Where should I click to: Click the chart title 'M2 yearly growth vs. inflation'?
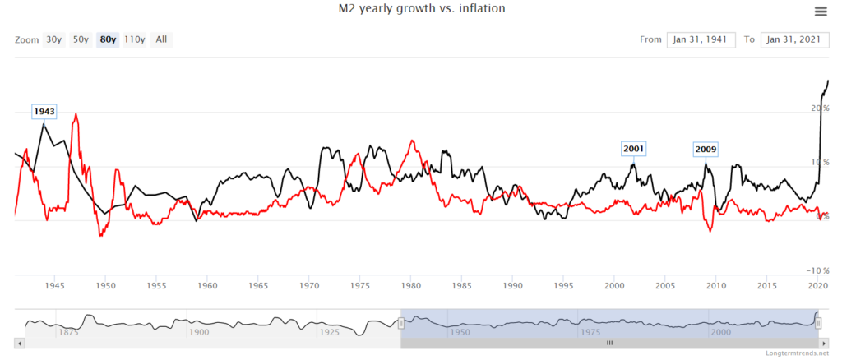tap(420, 9)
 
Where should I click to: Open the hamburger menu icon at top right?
tap(820, 11)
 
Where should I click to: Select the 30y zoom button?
tap(54, 39)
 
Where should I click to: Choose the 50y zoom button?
tap(81, 39)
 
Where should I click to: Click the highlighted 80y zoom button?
tap(108, 39)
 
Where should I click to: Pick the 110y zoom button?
tap(135, 39)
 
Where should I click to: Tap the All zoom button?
tap(161, 39)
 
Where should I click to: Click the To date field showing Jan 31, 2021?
tap(794, 39)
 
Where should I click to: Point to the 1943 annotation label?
tap(44, 111)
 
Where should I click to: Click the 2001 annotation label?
tap(634, 149)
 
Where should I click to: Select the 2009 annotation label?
tap(706, 149)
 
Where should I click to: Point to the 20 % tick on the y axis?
tap(819, 108)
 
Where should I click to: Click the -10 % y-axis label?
tap(817, 270)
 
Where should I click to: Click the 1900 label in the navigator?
tap(198, 332)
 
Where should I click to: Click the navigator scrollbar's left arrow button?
tap(19, 342)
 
